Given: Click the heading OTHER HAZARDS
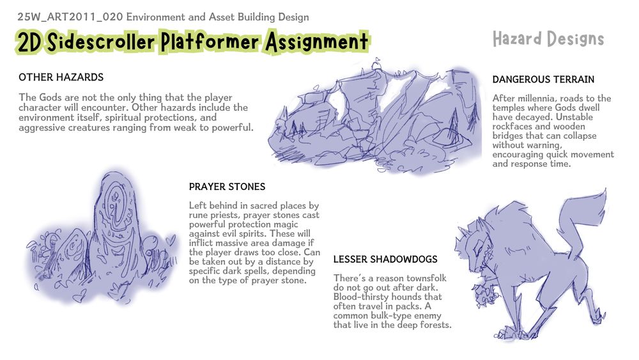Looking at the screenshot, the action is click(61, 77).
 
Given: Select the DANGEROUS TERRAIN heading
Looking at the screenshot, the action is click(543, 79).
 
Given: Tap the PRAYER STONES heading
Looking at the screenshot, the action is click(227, 187).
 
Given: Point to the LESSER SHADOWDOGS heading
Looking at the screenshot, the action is click(385, 260).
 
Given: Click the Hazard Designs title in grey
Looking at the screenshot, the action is click(548, 39).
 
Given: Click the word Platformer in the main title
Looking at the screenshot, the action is click(210, 42).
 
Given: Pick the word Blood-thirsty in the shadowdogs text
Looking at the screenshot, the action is click(358, 297).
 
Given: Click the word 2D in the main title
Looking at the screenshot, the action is click(29, 43).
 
